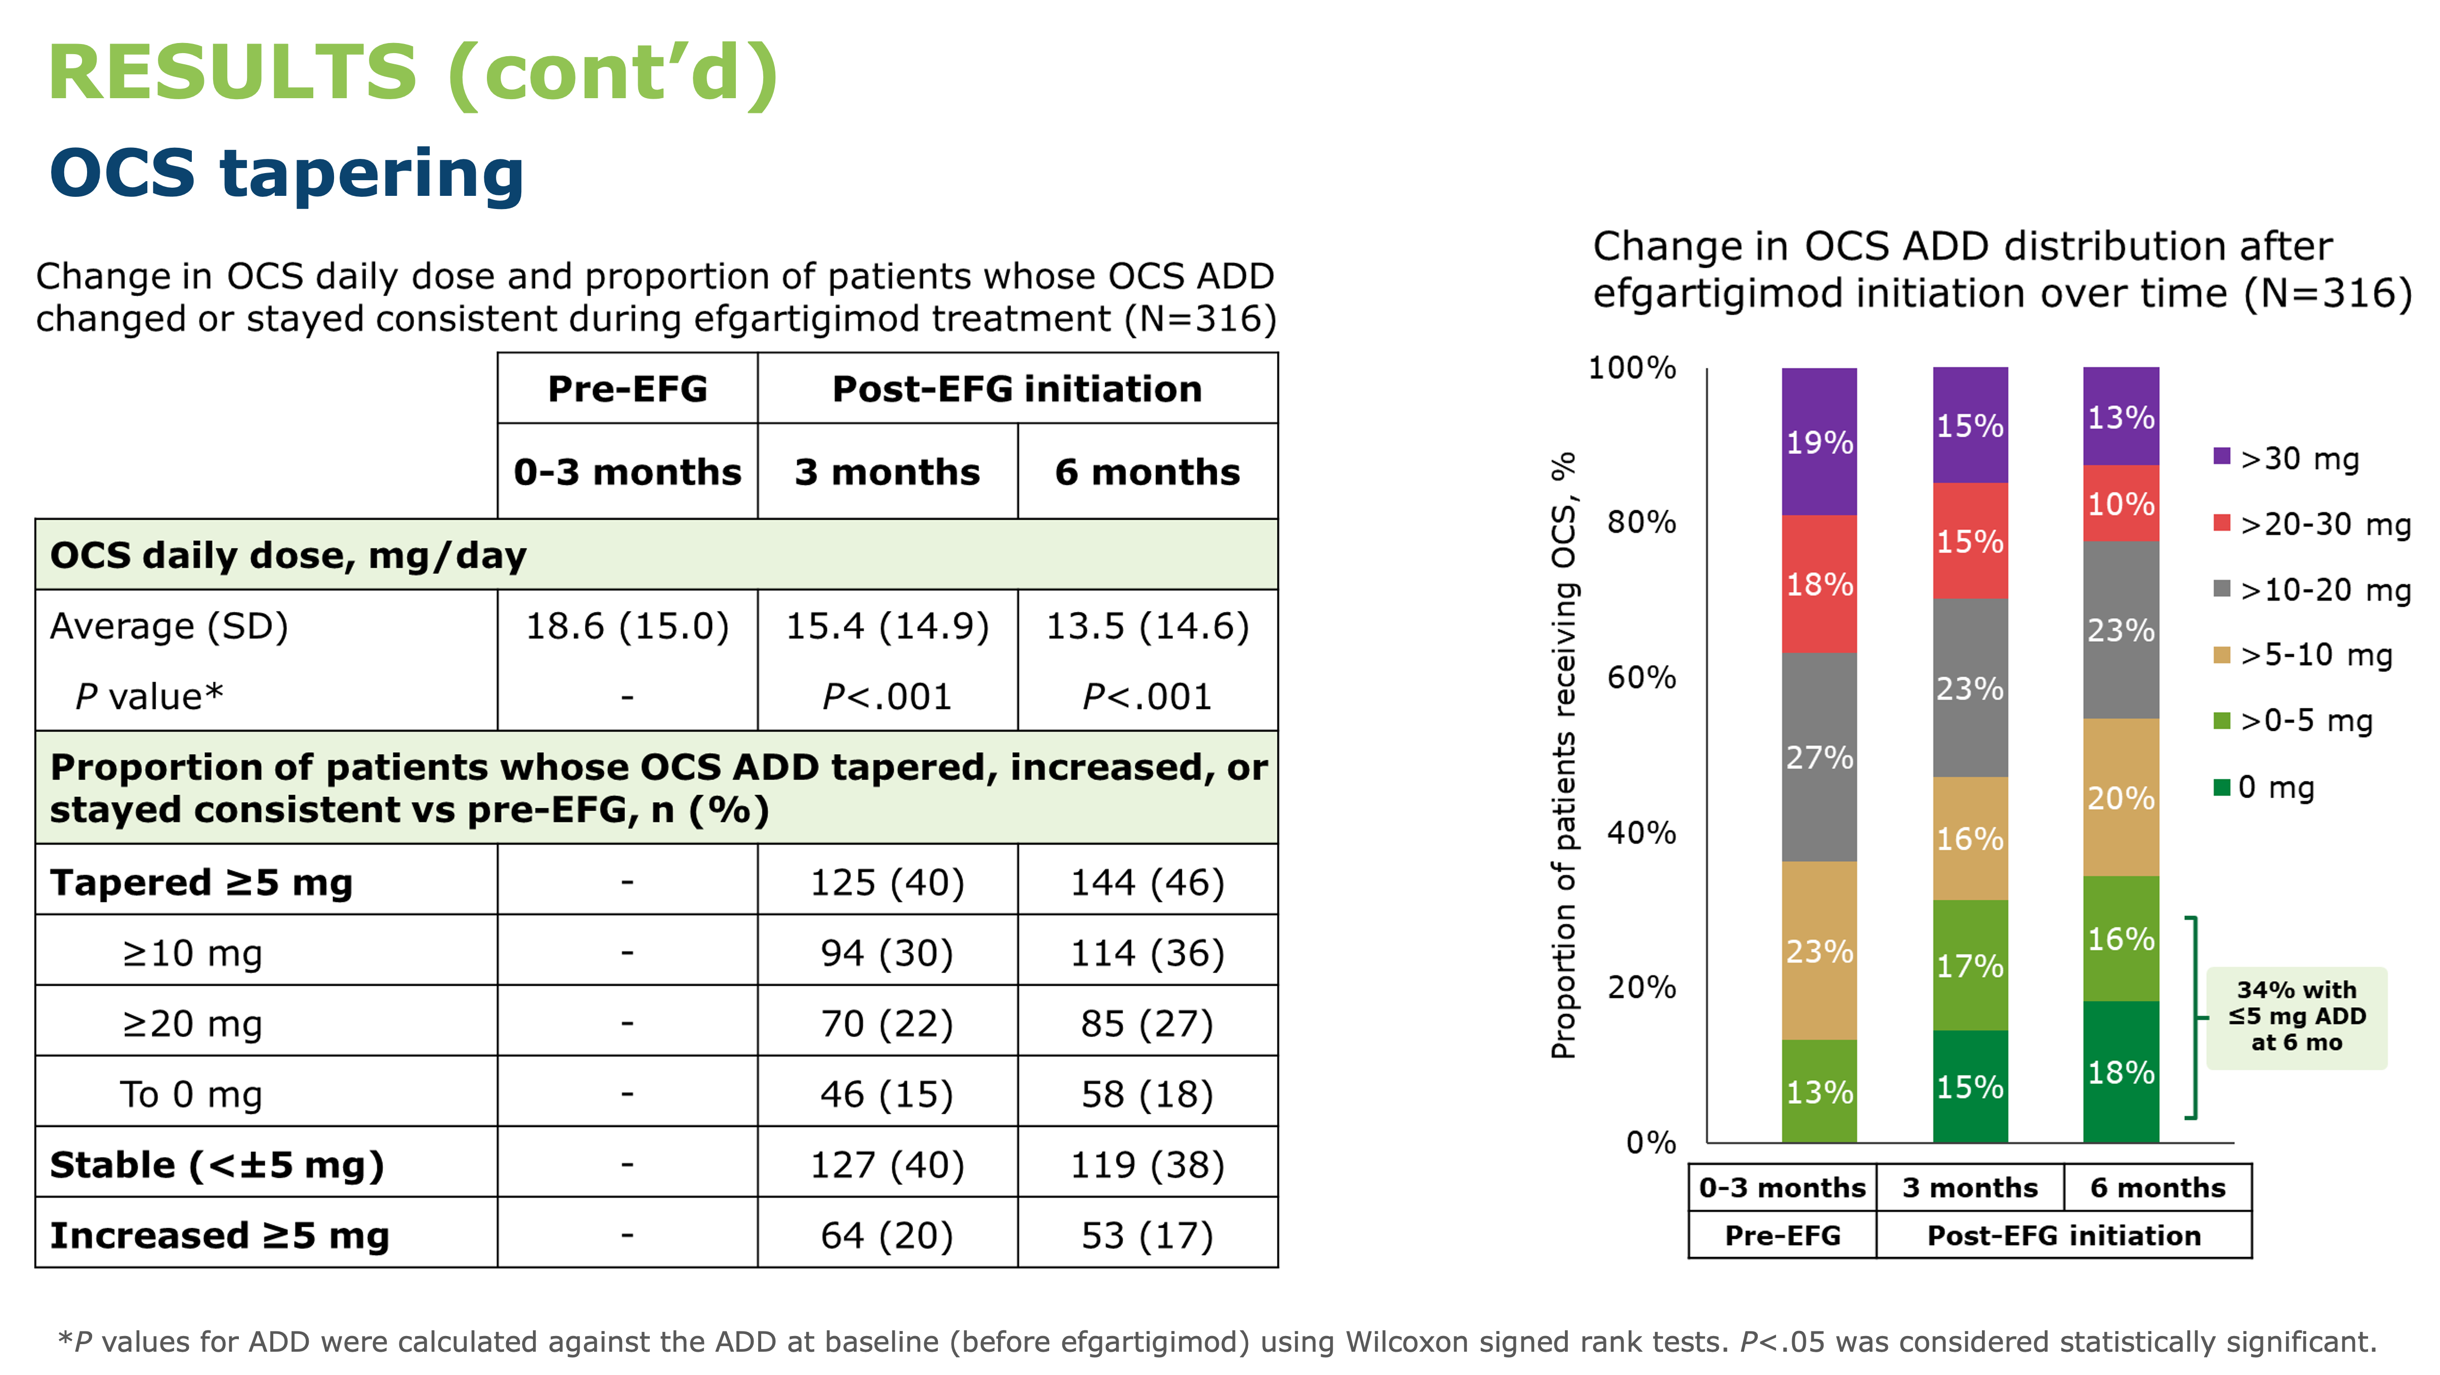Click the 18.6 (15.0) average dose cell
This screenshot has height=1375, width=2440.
627,626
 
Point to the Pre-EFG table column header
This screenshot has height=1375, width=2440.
627,388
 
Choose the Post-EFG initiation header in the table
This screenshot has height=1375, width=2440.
1017,388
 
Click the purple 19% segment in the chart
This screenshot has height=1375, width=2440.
1818,441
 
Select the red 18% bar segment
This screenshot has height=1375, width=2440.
1818,585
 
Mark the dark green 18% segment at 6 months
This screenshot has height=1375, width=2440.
2121,1072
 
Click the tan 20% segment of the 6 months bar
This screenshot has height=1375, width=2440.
2121,798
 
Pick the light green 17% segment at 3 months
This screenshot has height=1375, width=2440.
1970,965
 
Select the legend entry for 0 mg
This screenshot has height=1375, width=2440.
2264,787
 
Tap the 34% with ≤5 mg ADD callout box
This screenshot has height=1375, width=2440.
2297,1017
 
